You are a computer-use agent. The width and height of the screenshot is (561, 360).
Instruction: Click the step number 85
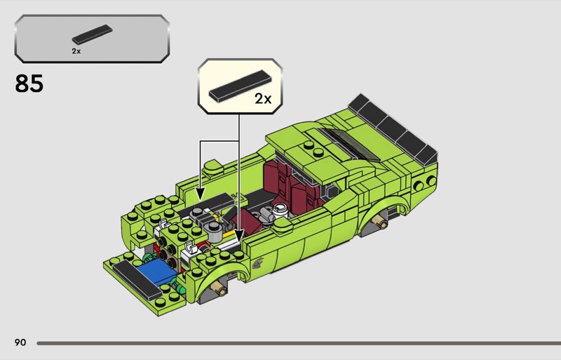click(x=29, y=84)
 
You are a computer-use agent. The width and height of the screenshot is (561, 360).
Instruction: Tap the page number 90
click(x=20, y=342)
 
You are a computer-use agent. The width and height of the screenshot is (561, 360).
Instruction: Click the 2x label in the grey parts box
click(x=76, y=51)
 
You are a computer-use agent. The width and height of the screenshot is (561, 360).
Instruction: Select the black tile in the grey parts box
click(x=93, y=34)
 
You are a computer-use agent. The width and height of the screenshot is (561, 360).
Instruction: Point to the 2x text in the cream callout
click(x=263, y=98)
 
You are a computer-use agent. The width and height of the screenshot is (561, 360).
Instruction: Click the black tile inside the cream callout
click(x=240, y=84)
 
